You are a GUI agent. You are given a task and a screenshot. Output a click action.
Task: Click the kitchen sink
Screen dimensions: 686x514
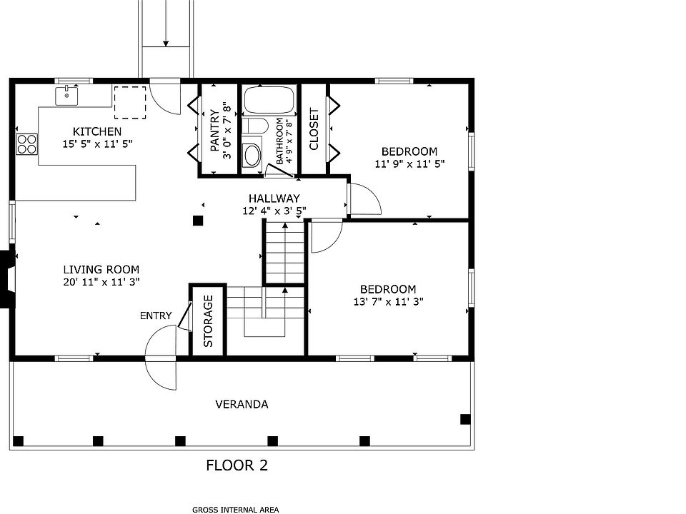tap(66, 96)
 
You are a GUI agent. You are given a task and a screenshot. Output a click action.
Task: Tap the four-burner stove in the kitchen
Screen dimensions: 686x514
tap(26, 144)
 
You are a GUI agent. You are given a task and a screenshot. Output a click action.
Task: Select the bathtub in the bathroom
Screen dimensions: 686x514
tap(269, 100)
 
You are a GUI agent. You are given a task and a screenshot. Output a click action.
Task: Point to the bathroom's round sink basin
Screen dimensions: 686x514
tap(252, 155)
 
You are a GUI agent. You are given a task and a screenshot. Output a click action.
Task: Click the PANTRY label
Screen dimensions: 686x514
tap(214, 130)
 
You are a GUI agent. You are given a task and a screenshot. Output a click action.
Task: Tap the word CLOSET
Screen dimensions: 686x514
tap(314, 129)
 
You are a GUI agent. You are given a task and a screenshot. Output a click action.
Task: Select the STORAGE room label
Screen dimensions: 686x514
tap(208, 321)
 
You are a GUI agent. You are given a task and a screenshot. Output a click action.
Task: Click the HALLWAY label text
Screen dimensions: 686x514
tap(274, 198)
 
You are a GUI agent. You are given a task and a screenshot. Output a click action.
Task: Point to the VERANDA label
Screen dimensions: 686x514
tap(242, 404)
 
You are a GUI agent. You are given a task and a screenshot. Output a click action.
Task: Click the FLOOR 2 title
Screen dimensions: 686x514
tap(237, 465)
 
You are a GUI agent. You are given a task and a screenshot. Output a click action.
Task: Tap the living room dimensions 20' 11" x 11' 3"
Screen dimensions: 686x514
tap(101, 282)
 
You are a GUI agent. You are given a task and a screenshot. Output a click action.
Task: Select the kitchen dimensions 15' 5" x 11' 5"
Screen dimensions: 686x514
tap(97, 143)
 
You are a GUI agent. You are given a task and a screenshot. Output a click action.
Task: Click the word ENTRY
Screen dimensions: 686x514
tap(156, 316)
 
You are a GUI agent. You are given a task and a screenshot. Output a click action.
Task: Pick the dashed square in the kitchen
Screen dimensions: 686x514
tap(130, 102)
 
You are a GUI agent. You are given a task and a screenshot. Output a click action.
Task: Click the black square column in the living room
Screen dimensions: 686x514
tap(198, 221)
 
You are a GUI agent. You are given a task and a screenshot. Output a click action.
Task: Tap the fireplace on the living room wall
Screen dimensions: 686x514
tap(7, 278)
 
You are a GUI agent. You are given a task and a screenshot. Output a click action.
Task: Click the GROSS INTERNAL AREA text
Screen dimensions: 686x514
tap(235, 510)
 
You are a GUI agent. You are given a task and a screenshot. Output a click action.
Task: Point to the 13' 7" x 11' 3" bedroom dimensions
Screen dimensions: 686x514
tap(389, 301)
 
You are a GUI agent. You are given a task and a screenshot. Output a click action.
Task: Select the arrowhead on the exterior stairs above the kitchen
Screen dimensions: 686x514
tap(166, 43)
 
